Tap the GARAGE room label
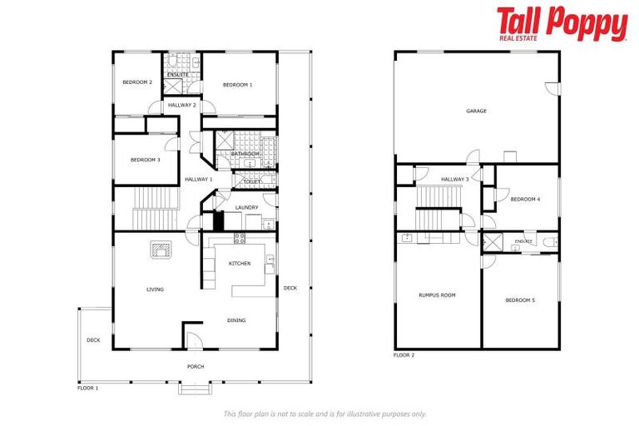tap(476, 111)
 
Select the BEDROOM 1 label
tap(237, 85)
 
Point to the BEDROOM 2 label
tap(136, 82)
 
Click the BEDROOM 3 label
tap(145, 160)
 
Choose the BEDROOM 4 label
tap(525, 199)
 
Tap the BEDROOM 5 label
tap(520, 300)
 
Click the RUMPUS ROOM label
tap(437, 295)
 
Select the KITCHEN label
tap(240, 264)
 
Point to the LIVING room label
tap(155, 290)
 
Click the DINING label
tap(236, 320)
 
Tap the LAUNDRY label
tap(246, 207)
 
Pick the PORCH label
tap(196, 366)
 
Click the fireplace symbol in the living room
tap(161, 249)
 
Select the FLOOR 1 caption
tap(87, 388)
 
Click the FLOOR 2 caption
tap(404, 355)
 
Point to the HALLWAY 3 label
tap(454, 179)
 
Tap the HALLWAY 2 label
tap(181, 105)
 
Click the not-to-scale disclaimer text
tap(324, 414)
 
